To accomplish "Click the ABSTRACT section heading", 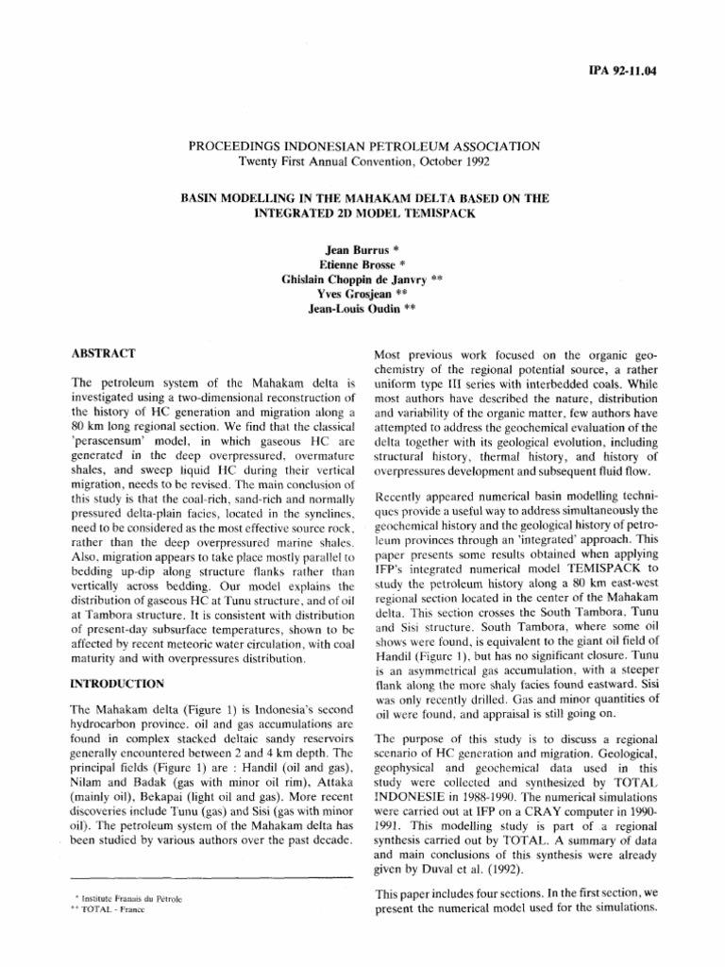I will [105, 352].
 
